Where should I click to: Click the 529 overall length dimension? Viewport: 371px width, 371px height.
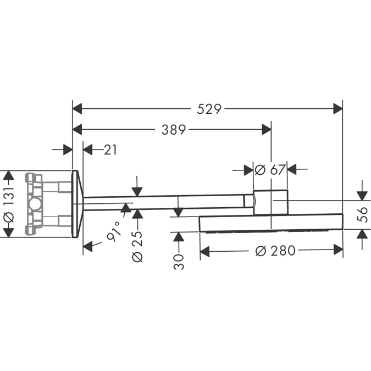(209, 109)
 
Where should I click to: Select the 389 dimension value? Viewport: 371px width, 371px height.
(173, 130)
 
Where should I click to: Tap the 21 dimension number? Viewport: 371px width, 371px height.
(110, 149)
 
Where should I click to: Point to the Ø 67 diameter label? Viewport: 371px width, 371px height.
(270, 170)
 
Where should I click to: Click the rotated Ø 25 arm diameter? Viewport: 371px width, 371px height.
(137, 246)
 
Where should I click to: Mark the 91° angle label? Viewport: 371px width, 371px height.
(114, 235)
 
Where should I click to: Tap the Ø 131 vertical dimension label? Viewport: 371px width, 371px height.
(8, 204)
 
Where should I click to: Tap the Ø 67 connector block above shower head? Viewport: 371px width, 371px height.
(270, 201)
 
